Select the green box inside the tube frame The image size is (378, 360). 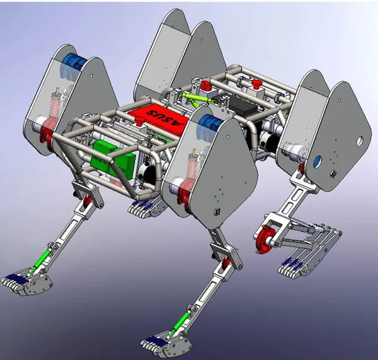click(x=113, y=160)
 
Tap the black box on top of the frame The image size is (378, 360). click(x=243, y=106)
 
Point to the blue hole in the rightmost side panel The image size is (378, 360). click(x=318, y=161)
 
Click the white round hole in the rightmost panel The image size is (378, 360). click(x=360, y=141)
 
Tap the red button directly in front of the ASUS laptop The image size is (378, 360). click(x=139, y=120)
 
